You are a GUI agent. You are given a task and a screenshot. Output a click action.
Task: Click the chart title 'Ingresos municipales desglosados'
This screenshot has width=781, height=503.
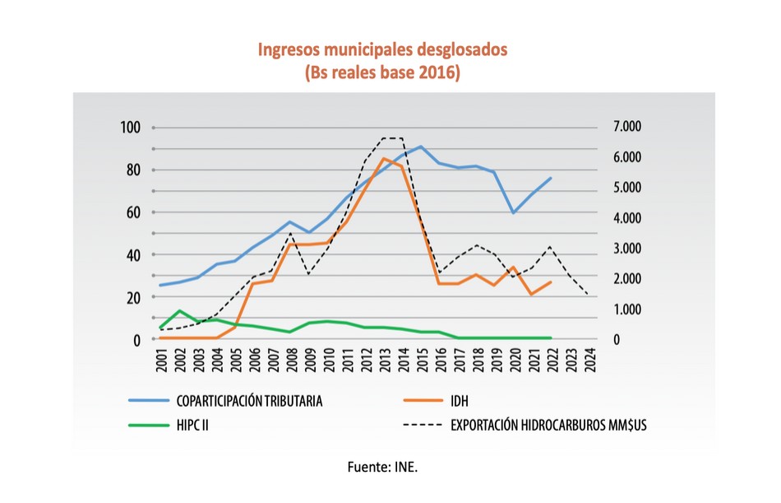coord(383,49)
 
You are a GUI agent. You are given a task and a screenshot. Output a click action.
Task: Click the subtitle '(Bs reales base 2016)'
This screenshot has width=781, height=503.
coord(383,72)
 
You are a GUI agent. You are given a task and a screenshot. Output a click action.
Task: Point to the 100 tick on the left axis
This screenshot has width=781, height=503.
coord(132,128)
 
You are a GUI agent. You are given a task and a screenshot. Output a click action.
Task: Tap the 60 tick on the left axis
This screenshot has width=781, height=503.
coord(134,212)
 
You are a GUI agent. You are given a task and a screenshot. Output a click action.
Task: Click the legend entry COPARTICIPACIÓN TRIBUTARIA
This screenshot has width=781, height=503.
coord(249,402)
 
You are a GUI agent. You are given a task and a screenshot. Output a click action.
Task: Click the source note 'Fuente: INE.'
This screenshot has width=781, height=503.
coord(382,467)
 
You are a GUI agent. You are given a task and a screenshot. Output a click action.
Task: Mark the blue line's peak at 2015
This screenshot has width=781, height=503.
coord(421,147)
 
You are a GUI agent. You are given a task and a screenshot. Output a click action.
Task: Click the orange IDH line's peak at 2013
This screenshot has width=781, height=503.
coord(384,158)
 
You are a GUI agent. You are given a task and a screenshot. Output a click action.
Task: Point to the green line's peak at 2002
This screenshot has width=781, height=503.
coord(180,310)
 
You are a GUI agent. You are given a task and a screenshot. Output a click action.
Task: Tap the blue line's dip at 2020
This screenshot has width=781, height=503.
coord(514,212)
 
